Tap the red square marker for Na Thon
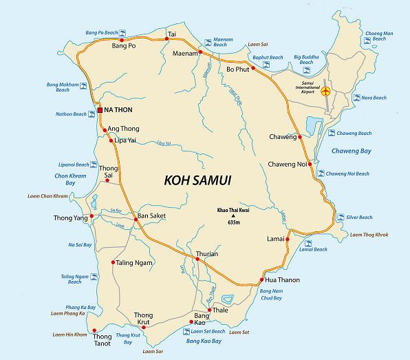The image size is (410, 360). (100, 110)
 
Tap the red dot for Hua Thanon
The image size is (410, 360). (261, 280)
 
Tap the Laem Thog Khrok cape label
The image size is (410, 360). (369, 235)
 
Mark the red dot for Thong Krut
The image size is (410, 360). (143, 328)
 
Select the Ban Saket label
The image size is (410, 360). (152, 216)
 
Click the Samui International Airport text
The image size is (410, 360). (307, 86)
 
